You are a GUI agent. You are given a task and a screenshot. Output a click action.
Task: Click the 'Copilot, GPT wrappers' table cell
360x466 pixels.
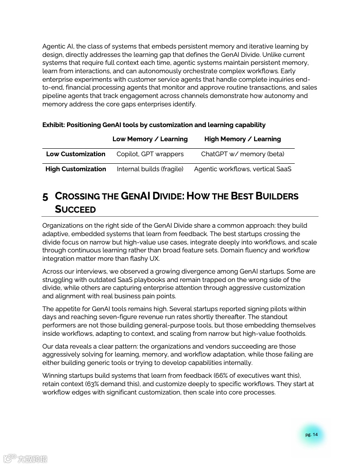[150, 154]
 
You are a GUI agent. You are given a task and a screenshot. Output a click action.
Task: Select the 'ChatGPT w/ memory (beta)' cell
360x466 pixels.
[243, 154]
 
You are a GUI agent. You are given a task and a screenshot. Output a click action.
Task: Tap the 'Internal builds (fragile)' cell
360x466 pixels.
[150, 169]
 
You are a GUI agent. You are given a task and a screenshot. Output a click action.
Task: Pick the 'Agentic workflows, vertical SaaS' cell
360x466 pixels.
[243, 169]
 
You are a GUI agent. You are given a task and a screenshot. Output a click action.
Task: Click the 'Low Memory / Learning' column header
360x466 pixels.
[150, 139]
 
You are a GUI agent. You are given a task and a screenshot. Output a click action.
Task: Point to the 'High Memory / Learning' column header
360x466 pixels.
[243, 139]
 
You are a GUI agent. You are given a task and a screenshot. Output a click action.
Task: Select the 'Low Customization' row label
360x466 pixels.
[76, 154]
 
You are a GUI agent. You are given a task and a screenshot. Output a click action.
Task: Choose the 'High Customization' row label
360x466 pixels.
[76, 169]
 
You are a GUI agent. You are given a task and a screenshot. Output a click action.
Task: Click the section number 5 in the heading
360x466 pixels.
[45, 197]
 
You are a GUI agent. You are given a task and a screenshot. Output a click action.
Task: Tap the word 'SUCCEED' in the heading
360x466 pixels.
[75, 209]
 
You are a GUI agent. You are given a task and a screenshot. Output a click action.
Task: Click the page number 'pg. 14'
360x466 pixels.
[311, 435]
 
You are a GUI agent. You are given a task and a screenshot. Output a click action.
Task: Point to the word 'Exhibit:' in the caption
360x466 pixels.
[53, 125]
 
